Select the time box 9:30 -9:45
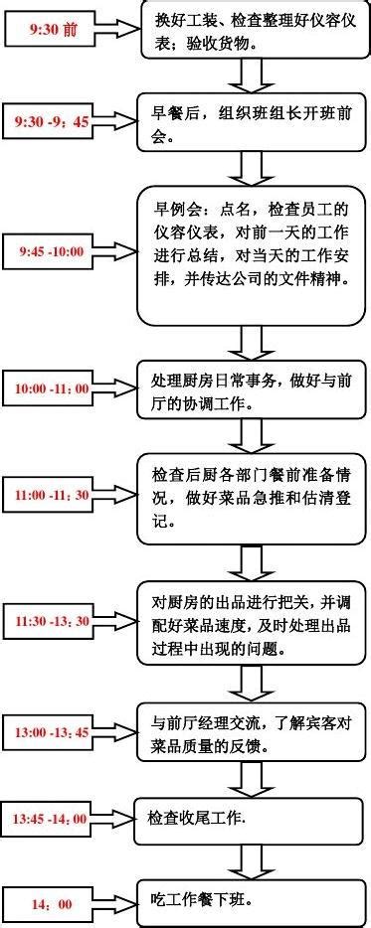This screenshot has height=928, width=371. click(x=52, y=121)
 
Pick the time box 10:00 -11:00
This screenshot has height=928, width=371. click(x=51, y=387)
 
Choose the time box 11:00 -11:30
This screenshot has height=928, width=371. click(x=51, y=494)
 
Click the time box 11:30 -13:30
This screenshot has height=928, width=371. click(x=52, y=622)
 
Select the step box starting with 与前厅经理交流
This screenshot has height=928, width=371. click(x=253, y=733)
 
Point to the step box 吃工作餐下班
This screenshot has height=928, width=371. click(x=253, y=904)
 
